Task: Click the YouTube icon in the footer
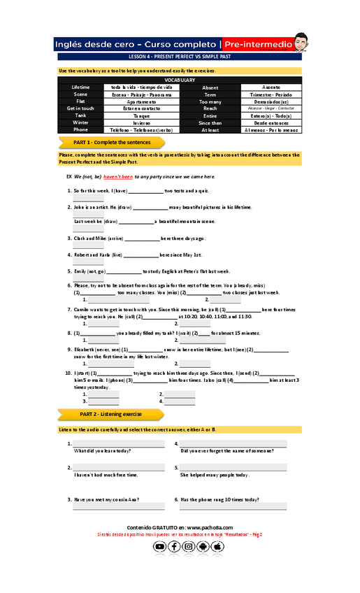click(160, 546)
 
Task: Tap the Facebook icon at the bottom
click(175, 546)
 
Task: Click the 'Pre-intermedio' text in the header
click(257, 44)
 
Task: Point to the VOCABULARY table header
click(180, 80)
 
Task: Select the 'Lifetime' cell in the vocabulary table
click(80, 87)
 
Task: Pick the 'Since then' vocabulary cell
click(210, 122)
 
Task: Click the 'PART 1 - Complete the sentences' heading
click(111, 142)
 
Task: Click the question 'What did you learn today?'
click(102, 451)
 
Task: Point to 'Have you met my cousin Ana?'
click(106, 499)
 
